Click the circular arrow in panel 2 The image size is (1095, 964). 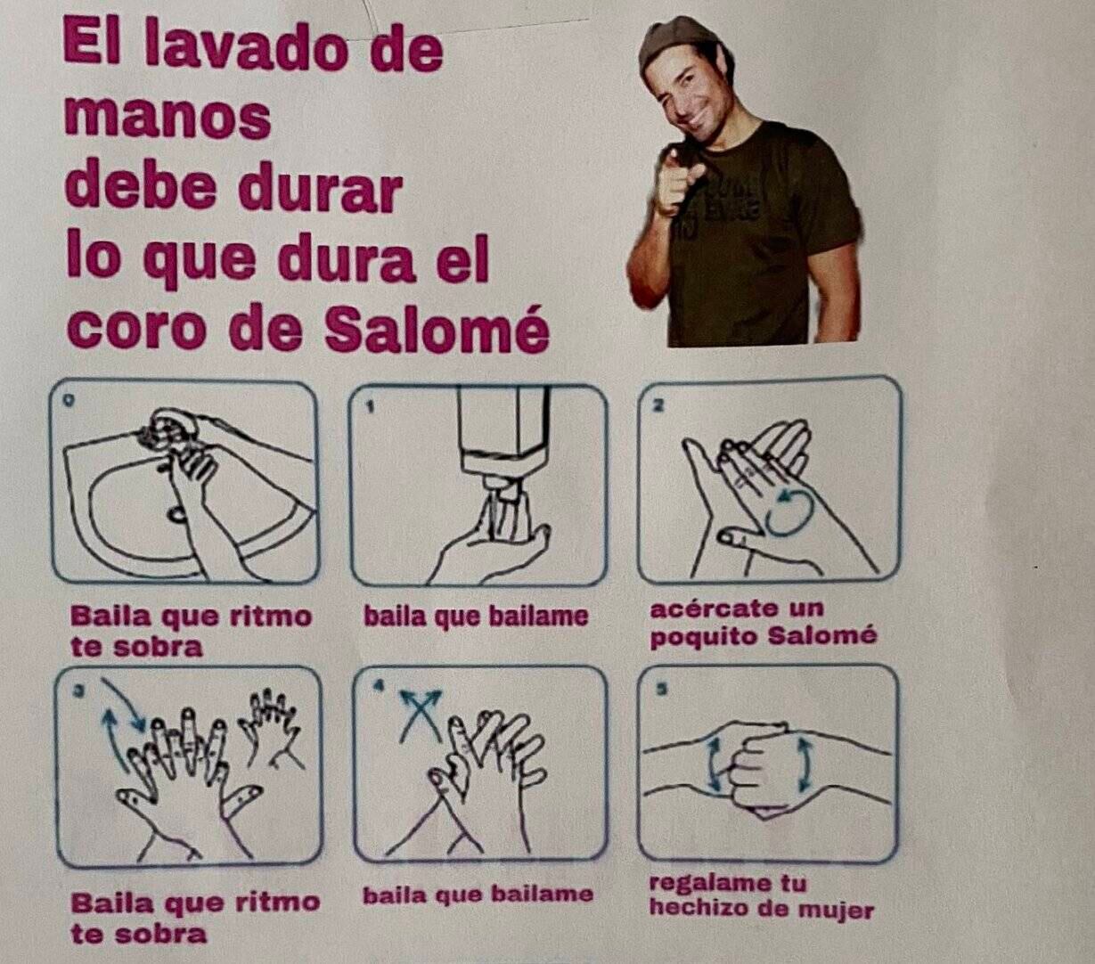point(789,513)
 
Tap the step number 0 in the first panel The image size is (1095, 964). point(69,402)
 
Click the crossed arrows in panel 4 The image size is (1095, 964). point(421,714)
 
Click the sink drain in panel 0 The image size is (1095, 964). point(177,514)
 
